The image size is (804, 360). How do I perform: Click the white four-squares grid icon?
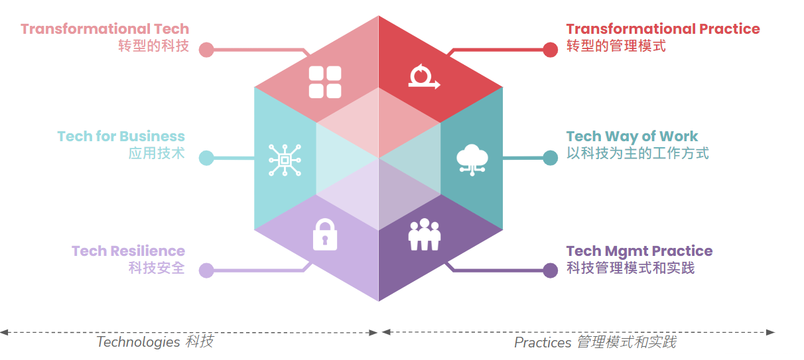tap(325, 82)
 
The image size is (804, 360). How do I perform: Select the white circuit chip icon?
tap(285, 160)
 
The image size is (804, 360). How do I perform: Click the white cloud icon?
tap(472, 160)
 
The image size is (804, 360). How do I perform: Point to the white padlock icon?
tap(325, 235)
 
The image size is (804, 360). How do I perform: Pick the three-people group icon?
tap(424, 235)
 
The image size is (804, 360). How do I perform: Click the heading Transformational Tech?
tap(105, 29)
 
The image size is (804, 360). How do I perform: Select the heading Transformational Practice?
tap(663, 29)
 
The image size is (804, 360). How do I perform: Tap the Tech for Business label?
tap(121, 137)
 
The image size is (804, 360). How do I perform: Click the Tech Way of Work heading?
tap(632, 137)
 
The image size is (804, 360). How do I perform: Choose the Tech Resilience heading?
tap(128, 251)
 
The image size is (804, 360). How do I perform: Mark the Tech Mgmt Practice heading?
tap(639, 251)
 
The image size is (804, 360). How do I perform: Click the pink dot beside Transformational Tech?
tap(206, 50)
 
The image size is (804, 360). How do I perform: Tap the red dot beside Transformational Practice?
tap(551, 50)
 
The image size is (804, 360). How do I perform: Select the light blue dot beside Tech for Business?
tap(206, 158)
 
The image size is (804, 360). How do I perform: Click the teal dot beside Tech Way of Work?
tap(551, 158)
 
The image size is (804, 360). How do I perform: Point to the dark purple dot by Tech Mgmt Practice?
tap(551, 270)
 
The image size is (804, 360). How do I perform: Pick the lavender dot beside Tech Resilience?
tap(206, 270)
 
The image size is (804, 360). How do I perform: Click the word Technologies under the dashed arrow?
tap(138, 342)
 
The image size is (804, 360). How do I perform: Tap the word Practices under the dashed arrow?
tap(543, 343)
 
